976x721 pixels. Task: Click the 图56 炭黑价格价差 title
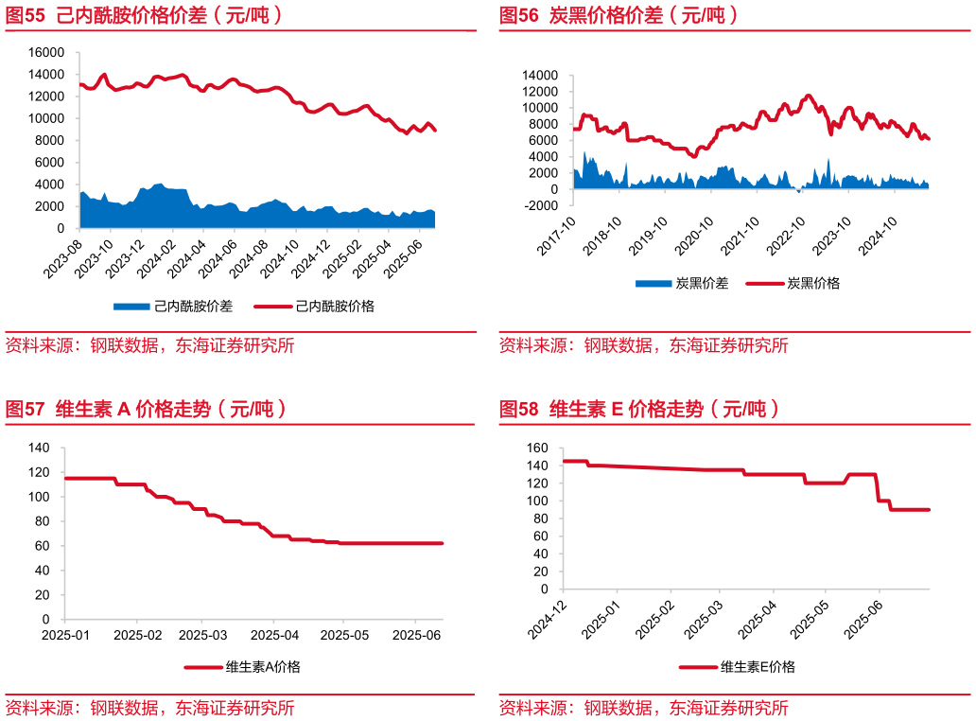click(x=619, y=16)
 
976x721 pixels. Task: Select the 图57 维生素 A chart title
click(x=147, y=410)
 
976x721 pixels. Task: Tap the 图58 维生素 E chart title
click(x=639, y=410)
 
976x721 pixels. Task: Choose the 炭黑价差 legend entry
click(x=681, y=283)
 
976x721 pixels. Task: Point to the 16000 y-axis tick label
click(x=46, y=52)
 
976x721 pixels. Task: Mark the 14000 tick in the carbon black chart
click(x=540, y=75)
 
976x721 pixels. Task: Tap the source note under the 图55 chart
click(x=150, y=345)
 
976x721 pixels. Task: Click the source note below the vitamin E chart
click(x=644, y=708)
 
